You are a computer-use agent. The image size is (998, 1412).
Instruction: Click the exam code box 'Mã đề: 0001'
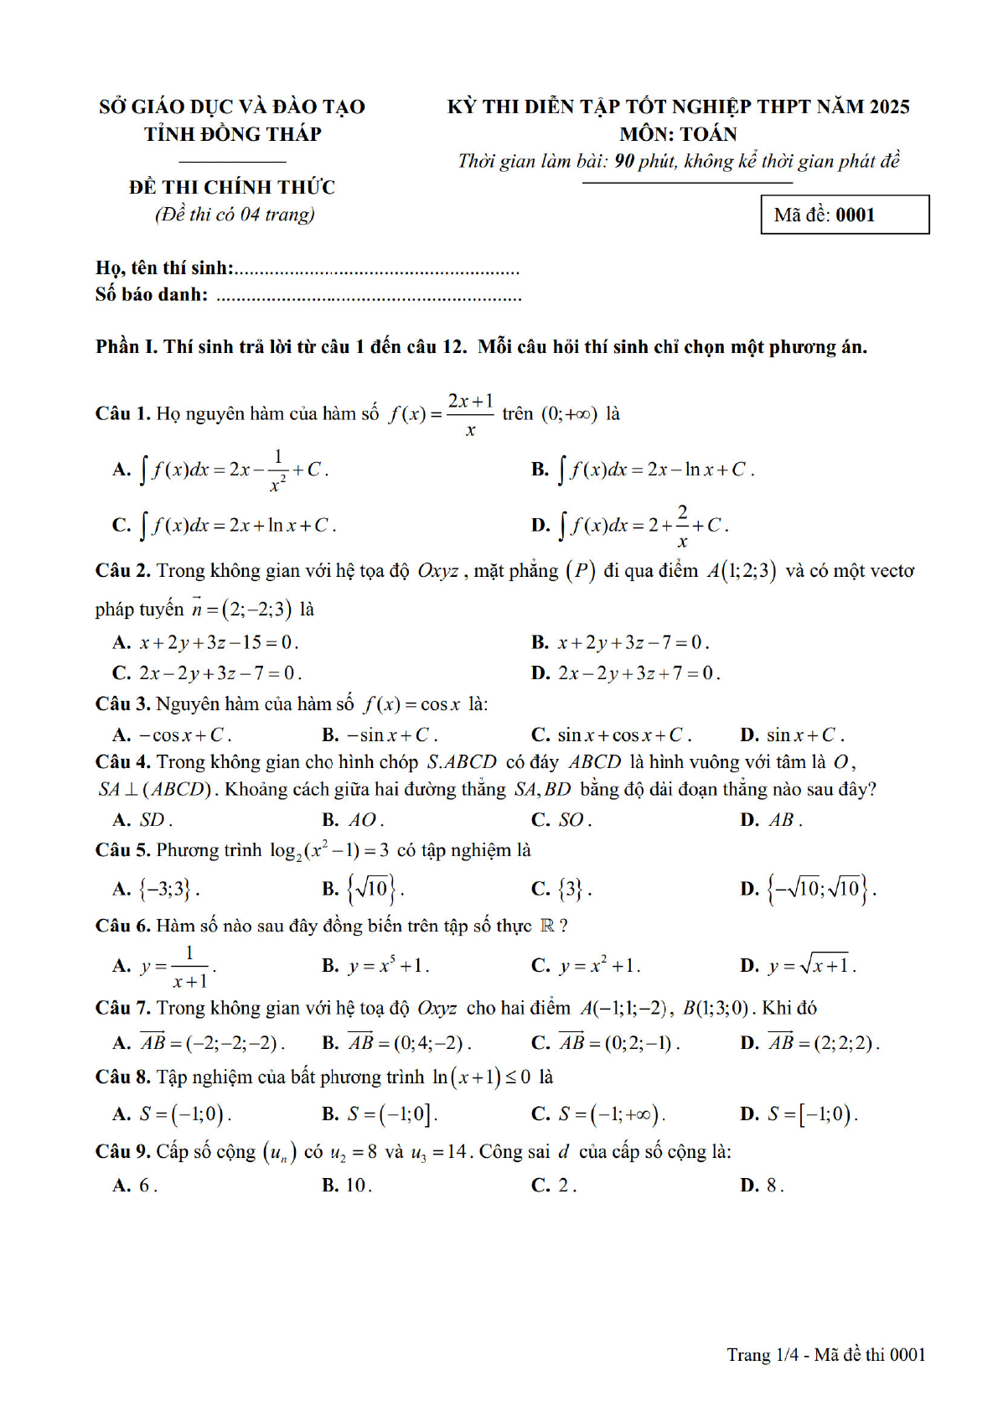point(844,215)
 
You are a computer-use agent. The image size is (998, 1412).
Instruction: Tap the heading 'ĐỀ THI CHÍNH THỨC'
point(232,187)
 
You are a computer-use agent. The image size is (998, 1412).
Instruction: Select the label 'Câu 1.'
point(122,413)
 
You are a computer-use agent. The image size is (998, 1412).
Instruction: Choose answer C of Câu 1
point(225,526)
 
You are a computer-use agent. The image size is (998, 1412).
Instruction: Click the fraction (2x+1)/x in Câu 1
point(470,413)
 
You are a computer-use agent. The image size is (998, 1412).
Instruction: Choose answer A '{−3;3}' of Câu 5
point(157,889)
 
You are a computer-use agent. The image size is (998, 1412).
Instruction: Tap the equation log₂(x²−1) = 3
point(328,850)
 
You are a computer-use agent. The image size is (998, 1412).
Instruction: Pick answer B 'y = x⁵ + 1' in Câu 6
point(376,966)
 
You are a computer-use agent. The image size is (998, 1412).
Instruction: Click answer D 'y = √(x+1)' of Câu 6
point(799,966)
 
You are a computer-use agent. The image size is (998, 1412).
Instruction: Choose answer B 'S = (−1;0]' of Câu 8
point(380,1114)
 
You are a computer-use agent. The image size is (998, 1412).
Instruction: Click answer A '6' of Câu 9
point(136,1186)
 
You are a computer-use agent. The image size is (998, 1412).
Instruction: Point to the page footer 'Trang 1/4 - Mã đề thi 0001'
point(825,1354)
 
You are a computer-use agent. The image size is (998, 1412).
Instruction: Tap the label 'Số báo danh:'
point(152,294)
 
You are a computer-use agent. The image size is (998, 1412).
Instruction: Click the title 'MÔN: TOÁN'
point(678,134)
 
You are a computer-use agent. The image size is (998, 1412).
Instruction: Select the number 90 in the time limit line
point(623,161)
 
